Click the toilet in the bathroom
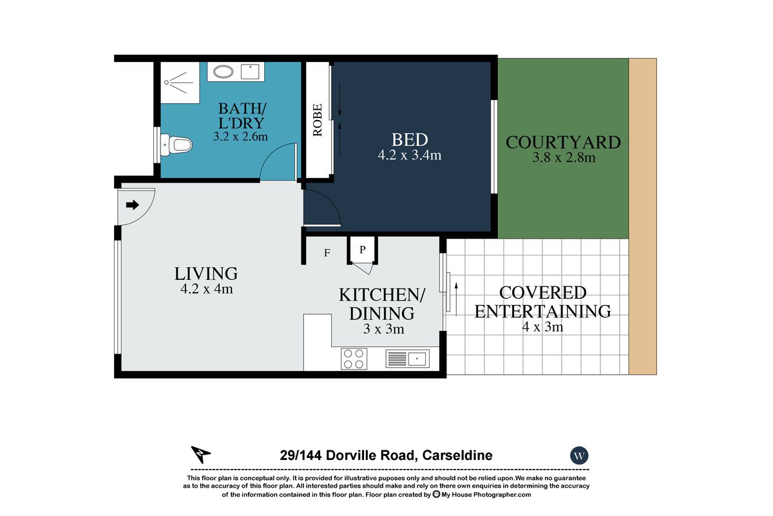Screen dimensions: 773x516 click(176, 145)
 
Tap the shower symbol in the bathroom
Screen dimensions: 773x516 click(180, 83)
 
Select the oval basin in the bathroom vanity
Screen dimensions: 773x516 click(223, 72)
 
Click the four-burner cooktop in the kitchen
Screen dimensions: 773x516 click(354, 359)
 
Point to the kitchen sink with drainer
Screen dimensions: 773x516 click(408, 359)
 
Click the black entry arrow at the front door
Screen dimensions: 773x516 click(133, 205)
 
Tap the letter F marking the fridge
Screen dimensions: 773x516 click(327, 253)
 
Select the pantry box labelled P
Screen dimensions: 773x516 click(362, 250)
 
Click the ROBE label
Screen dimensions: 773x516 click(318, 120)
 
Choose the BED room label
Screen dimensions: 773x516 click(410, 140)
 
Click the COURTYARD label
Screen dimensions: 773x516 click(563, 143)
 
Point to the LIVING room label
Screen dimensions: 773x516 click(206, 274)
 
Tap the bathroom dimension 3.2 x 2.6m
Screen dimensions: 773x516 click(240, 137)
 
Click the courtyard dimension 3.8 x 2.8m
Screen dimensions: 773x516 click(564, 157)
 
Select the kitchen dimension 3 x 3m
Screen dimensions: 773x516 click(383, 329)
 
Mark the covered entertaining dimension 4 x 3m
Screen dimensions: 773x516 click(542, 326)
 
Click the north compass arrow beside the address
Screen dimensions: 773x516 click(200, 454)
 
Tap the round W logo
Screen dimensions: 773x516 click(579, 455)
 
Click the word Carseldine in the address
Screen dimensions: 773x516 click(457, 455)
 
